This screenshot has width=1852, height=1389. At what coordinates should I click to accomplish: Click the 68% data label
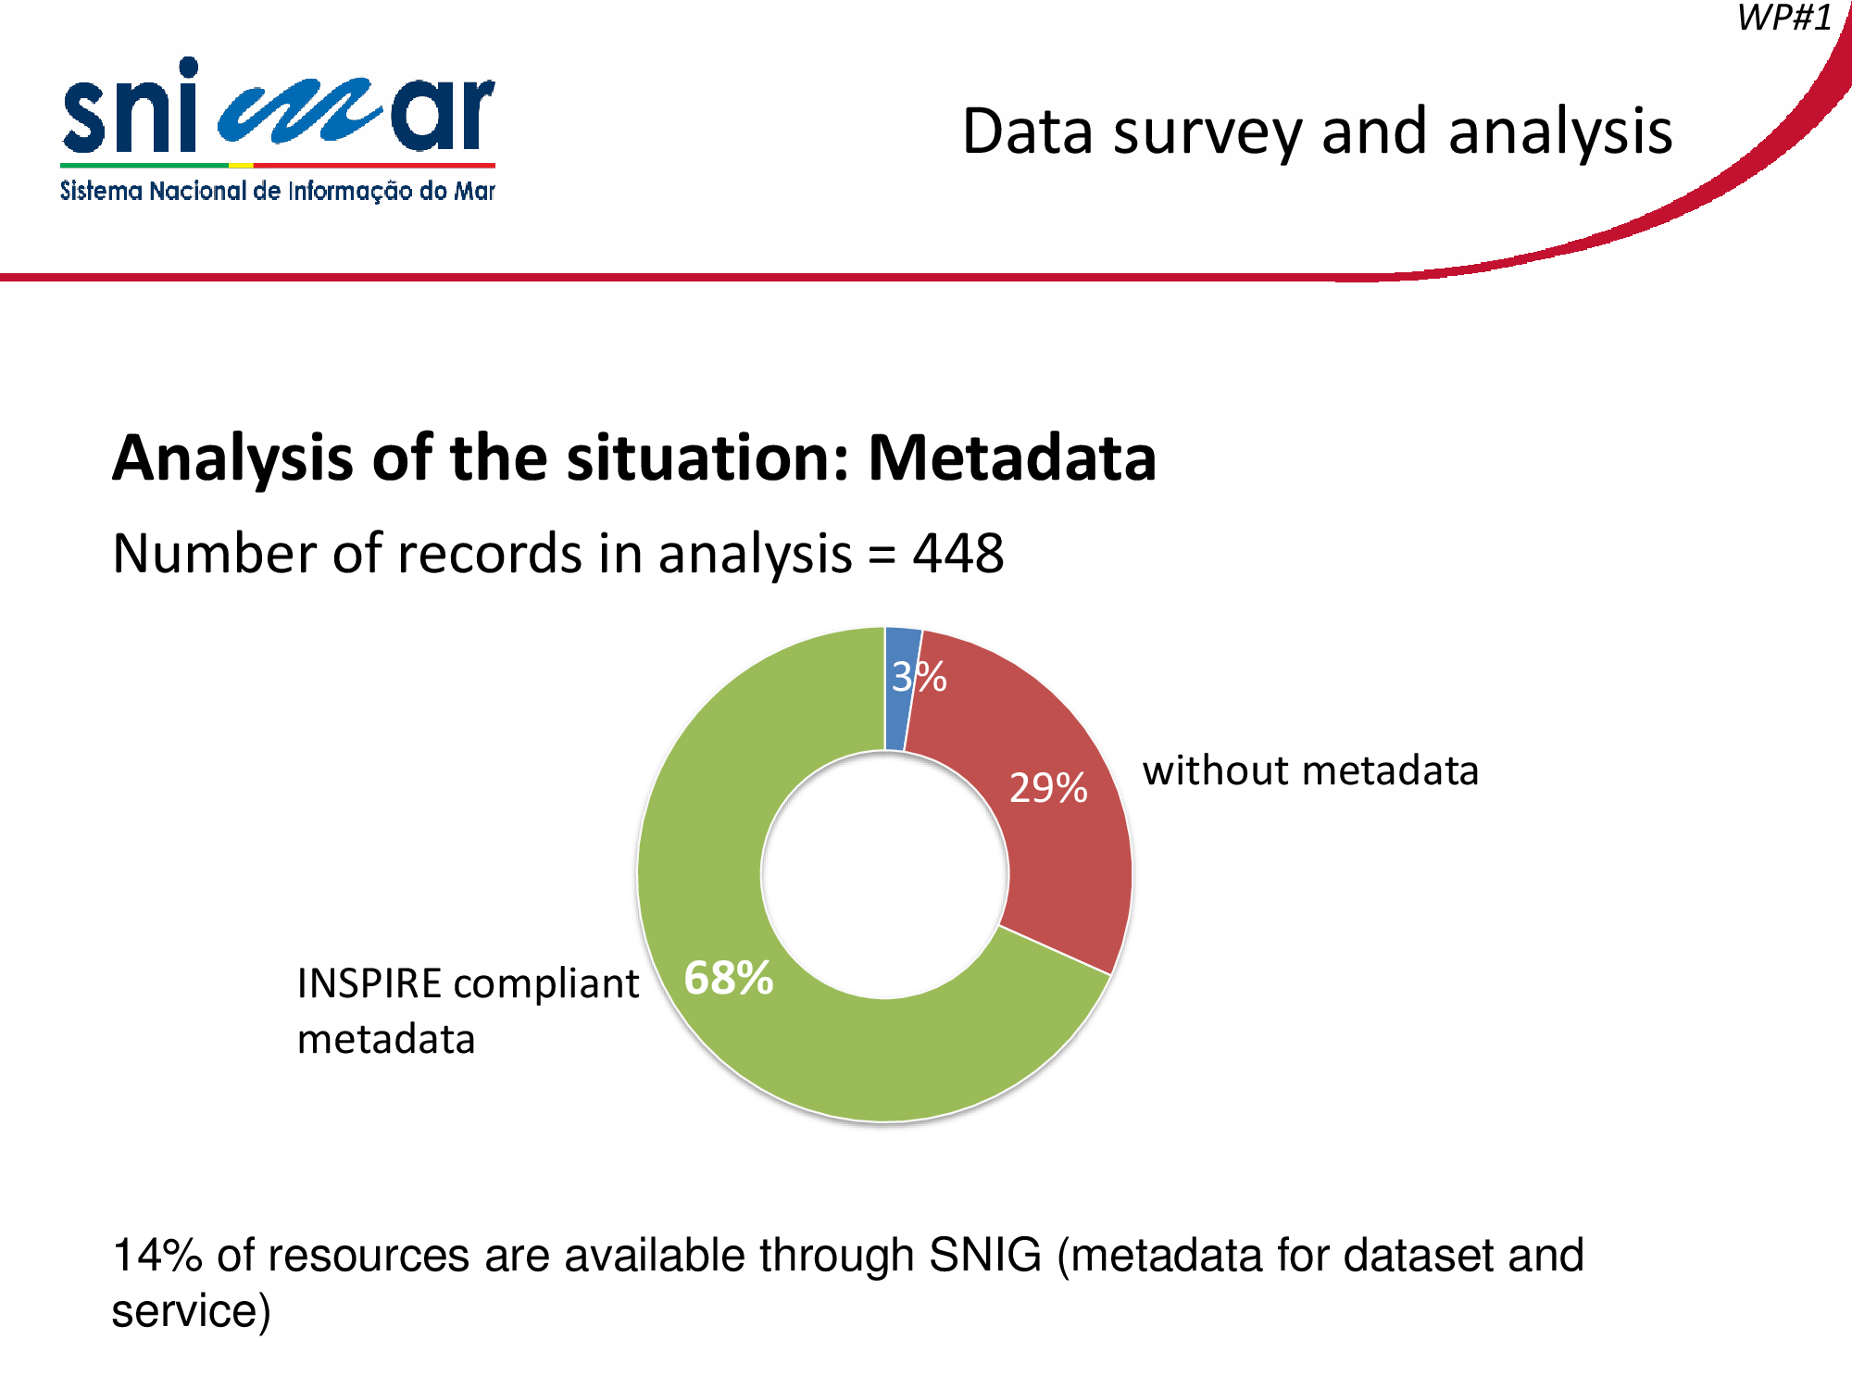pyautogui.click(x=728, y=978)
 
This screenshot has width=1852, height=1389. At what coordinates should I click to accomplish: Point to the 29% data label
pyautogui.click(x=1048, y=788)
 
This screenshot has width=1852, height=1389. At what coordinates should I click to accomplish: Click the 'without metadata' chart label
pyautogui.click(x=1310, y=770)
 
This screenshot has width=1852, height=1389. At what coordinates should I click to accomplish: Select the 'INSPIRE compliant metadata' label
pyautogui.click(x=468, y=1011)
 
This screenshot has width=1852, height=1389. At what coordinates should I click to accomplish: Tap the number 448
pyautogui.click(x=958, y=554)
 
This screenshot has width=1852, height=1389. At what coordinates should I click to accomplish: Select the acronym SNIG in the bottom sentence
pyautogui.click(x=985, y=1256)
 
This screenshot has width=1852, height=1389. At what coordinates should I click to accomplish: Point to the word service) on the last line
pyautogui.click(x=191, y=1311)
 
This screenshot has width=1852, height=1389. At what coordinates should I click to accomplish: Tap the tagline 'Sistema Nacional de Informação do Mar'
pyautogui.click(x=278, y=191)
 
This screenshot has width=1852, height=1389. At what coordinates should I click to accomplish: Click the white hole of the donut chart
pyautogui.click(x=884, y=875)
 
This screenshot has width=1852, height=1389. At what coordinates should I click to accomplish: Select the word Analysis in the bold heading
pyautogui.click(x=232, y=459)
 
